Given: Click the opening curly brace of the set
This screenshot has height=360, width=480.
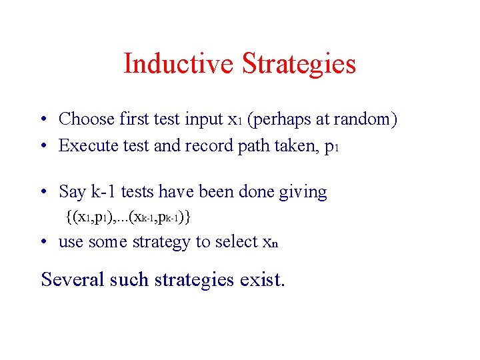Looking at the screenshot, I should [69, 217].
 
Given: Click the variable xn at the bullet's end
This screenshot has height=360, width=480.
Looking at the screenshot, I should [270, 243].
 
